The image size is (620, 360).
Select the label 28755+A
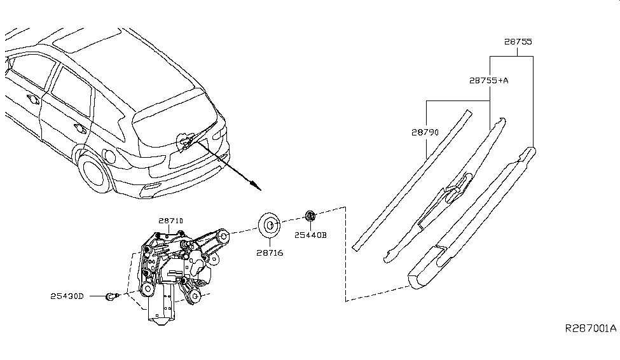pyautogui.click(x=490, y=81)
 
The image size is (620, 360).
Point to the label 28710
pyautogui.click(x=170, y=221)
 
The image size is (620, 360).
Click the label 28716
pyautogui.click(x=270, y=253)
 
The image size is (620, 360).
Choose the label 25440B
pyautogui.click(x=310, y=235)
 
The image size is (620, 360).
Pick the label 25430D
pyautogui.click(x=67, y=296)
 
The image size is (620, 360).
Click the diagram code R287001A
pyautogui.click(x=591, y=329)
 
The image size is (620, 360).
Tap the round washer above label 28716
pyautogui.click(x=270, y=225)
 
